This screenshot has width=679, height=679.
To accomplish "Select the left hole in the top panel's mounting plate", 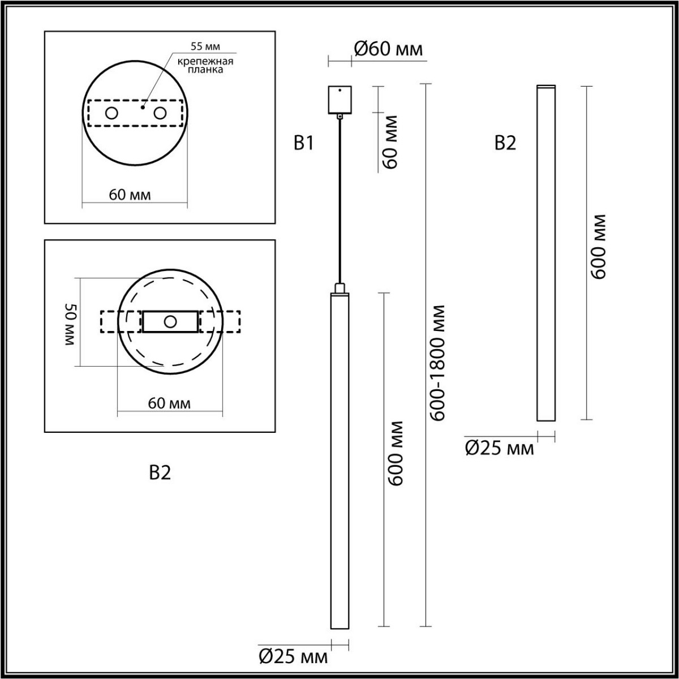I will [x=111, y=113].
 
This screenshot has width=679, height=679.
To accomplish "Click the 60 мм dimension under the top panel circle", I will [x=130, y=195].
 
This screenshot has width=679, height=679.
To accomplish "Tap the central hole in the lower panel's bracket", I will [x=170, y=321].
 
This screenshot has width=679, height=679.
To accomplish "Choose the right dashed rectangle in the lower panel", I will [x=220, y=321].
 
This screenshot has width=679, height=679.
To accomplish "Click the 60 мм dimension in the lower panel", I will [x=169, y=403].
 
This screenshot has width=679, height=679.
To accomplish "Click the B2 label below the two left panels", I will [x=160, y=472].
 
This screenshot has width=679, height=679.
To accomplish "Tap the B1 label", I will [x=303, y=143].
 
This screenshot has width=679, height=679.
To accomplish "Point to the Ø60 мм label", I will [x=388, y=49].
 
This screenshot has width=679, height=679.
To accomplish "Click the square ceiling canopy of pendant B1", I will [x=339, y=99].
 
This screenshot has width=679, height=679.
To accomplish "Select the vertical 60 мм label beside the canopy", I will [x=390, y=142].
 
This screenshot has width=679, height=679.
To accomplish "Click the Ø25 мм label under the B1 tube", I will [x=293, y=656].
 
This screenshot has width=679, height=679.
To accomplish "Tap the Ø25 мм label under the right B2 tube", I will [x=499, y=449].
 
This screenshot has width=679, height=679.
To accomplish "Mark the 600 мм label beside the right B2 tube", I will [x=598, y=246].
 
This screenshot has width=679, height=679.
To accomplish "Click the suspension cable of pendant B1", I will [x=339, y=198].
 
